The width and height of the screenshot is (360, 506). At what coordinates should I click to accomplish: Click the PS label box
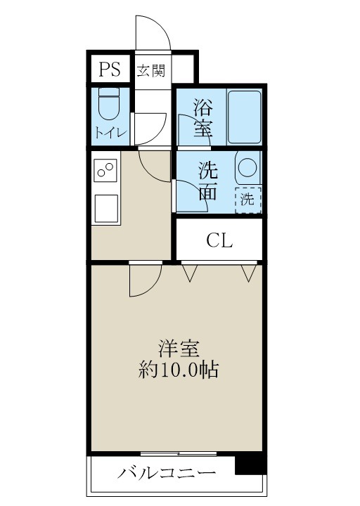pos(109,69)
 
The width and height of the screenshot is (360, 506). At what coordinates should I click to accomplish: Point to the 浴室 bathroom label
pos(203,118)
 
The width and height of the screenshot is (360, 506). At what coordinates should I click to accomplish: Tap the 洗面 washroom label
pos(207,181)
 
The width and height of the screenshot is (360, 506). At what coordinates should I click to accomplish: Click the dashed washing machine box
pos(247,200)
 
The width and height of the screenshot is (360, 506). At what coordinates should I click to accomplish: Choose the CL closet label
pos(219,241)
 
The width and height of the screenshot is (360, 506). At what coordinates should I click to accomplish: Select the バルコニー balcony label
pos(167,473)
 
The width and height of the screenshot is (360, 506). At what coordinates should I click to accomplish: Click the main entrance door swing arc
pos(152,32)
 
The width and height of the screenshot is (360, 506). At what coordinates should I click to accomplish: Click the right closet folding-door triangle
pos(247,272)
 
